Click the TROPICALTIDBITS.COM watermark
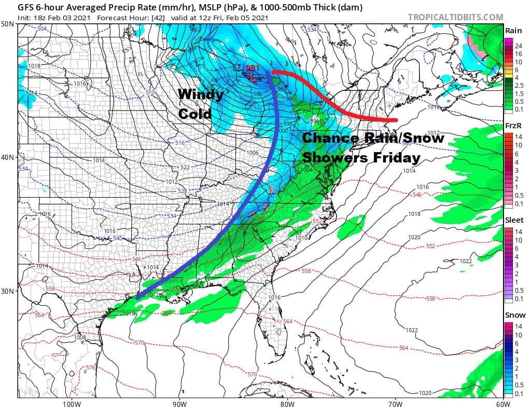[455, 17]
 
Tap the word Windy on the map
[201, 94]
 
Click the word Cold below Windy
[195, 113]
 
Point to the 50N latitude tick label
[8, 24]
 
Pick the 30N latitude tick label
[8, 291]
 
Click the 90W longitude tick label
[179, 403]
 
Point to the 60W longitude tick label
[502, 403]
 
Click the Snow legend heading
[513, 315]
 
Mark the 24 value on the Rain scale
[518, 45]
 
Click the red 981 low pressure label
[252, 68]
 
